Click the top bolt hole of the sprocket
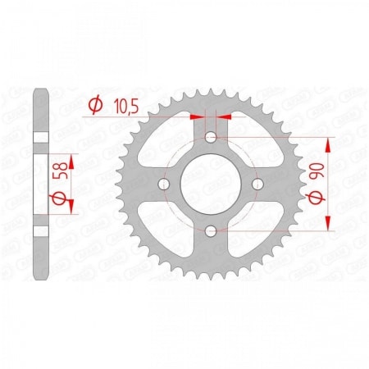click(x=212, y=136)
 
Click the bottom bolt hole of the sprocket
click(x=212, y=233)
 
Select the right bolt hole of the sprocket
click(x=260, y=184)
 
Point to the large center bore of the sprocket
click(x=212, y=184)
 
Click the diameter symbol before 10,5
click(x=95, y=105)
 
